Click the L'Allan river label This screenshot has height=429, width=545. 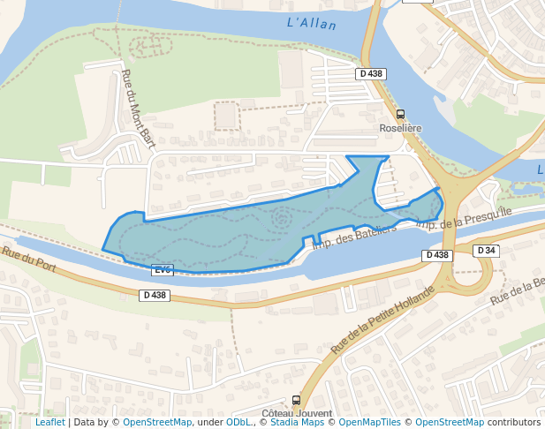pos(313,24)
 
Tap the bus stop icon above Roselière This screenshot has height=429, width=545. pos(400,115)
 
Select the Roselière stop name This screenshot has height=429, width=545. pos(400,128)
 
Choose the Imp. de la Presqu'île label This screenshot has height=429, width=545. pos(464,219)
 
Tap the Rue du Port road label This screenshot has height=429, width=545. pos(28,260)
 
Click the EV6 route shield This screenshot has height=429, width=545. pos(162,269)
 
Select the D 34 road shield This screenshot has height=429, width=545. pos(486,251)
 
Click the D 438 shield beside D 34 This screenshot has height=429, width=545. pos(436,255)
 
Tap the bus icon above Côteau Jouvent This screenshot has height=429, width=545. pos(296,401)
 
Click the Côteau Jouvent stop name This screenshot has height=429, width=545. pos(297,413)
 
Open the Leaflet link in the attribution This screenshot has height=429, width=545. pos(49,423)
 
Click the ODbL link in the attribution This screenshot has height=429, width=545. pos(238,423)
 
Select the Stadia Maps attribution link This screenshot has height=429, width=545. pos(297,423)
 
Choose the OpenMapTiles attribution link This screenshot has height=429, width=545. pos(372,423)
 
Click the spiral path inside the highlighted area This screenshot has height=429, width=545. pos(281,218)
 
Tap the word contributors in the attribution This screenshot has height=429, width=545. pos(514,423)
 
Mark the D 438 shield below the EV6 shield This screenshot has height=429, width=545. pos(154,295)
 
